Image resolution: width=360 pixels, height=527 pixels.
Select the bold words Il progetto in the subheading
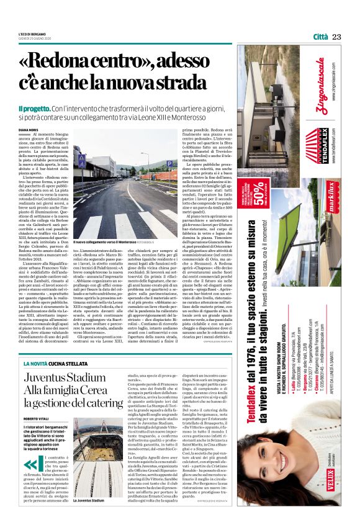click(52, 107)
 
